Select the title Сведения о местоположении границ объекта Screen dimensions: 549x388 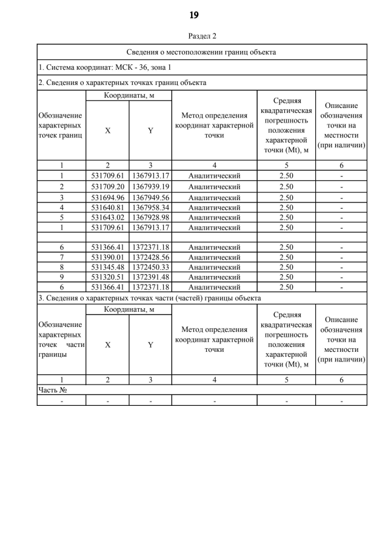point(202,52)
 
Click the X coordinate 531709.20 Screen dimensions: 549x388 point(107,186)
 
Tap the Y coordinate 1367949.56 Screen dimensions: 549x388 point(150,197)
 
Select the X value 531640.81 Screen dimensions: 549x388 point(107,207)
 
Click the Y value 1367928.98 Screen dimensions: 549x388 point(150,217)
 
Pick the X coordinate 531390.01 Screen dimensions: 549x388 point(107,257)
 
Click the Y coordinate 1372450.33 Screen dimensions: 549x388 point(150,267)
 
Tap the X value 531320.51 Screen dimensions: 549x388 point(107,277)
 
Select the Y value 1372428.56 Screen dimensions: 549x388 point(150,257)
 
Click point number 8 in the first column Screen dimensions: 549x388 point(61,267)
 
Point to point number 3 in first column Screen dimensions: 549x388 point(61,197)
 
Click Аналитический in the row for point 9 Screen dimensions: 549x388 point(214,277)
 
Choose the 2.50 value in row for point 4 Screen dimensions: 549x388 point(286,207)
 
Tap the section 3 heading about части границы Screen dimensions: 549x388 point(149,298)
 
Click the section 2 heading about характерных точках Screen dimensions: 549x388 point(122,82)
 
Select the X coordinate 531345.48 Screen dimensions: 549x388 point(107,267)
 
